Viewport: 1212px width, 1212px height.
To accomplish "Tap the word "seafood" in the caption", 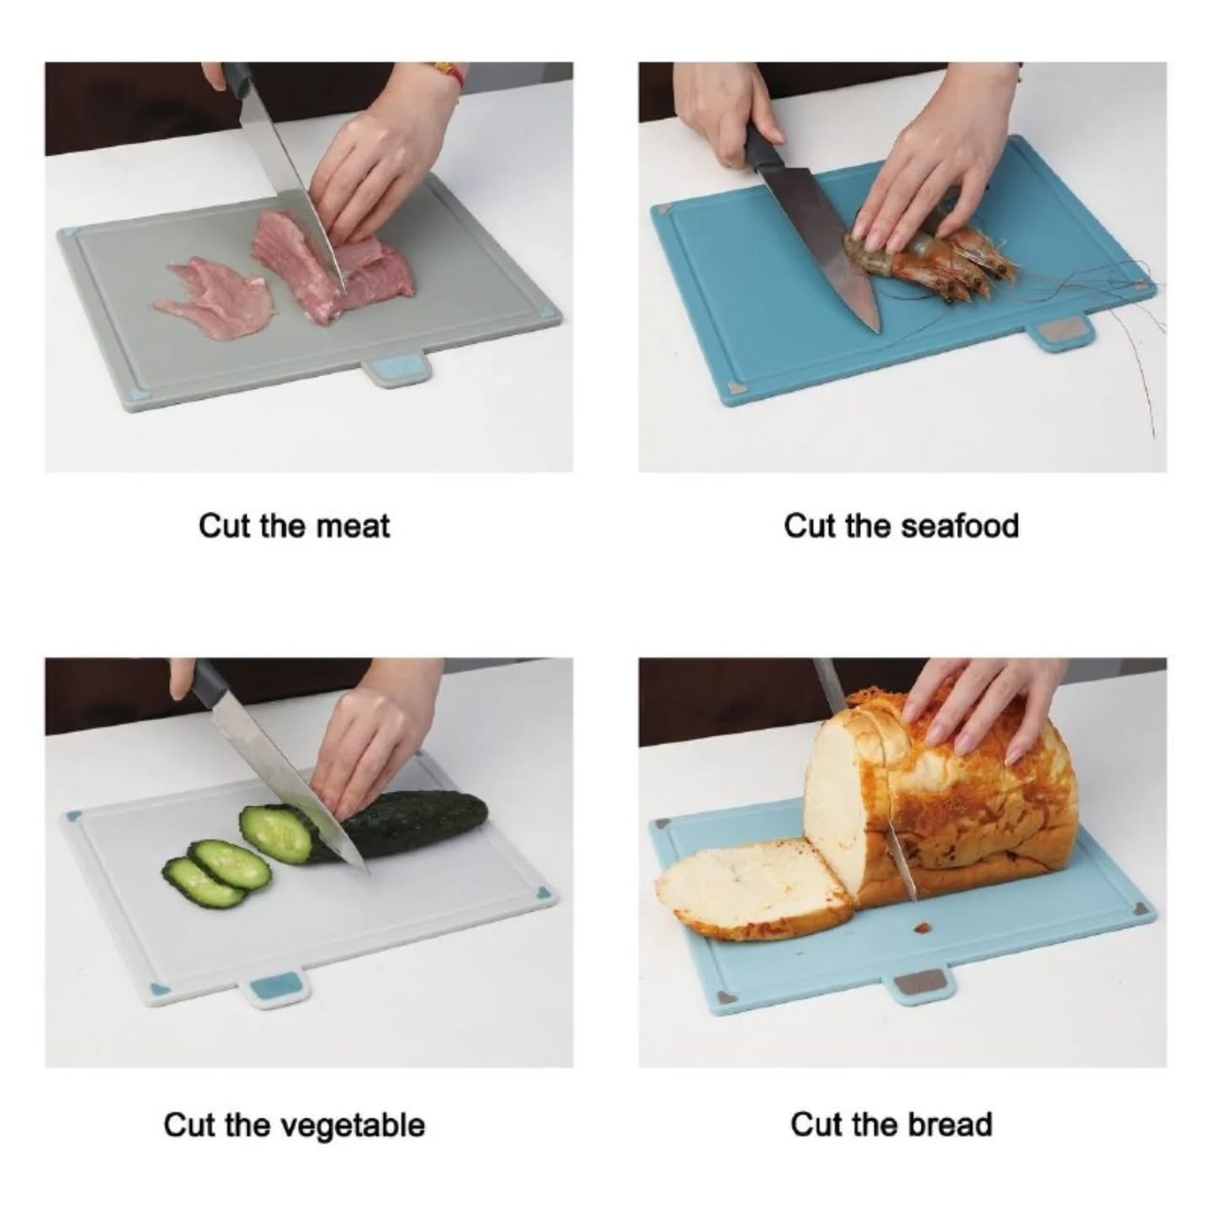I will coord(959,526).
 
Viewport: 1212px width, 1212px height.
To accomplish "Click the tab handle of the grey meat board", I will coord(396,370).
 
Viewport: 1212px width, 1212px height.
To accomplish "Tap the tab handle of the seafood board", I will coord(1062,334).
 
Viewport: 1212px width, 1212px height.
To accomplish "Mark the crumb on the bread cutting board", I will coord(923,928).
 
